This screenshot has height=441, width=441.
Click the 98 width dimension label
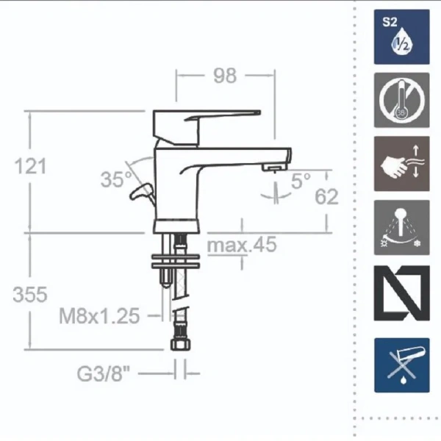click(225, 76)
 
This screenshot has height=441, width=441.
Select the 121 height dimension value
click(30, 166)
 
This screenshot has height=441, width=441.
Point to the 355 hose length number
click(30, 295)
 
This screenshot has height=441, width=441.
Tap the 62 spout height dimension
click(326, 196)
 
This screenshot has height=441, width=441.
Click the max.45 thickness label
click(242, 245)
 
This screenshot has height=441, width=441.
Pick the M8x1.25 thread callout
click(99, 316)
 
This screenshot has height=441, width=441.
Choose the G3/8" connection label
click(104, 373)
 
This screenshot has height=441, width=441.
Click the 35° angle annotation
click(116, 179)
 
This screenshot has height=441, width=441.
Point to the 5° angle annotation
click(301, 181)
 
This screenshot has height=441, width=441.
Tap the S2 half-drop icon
click(401, 37)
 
